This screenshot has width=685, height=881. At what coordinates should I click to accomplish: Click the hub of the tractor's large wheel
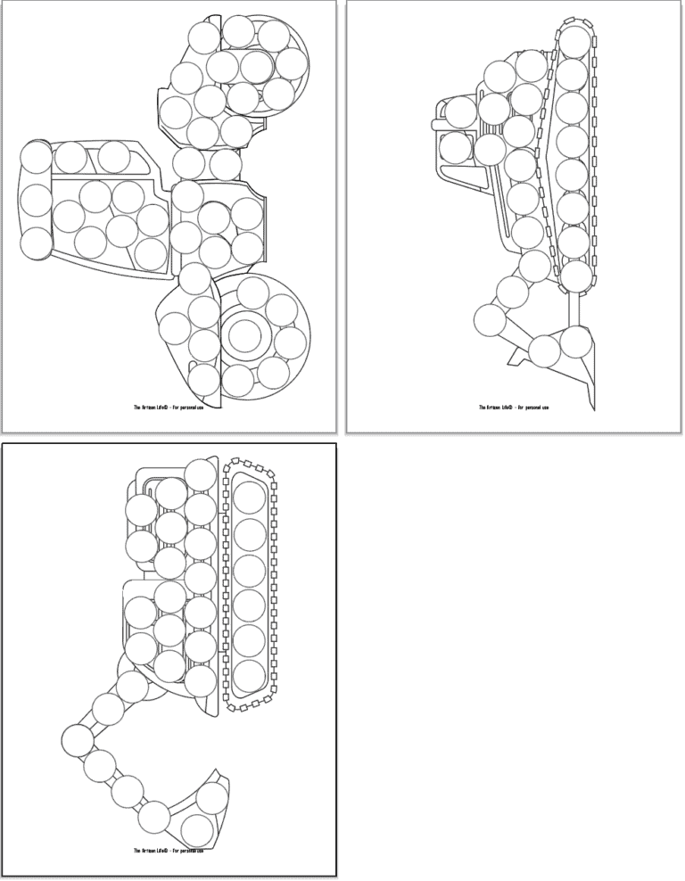[243, 335]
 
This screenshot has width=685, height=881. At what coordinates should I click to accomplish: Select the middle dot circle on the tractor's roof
[36, 200]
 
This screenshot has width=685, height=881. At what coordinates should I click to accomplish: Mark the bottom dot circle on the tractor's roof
[36, 243]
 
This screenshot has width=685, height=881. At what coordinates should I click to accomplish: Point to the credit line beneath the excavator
[169, 851]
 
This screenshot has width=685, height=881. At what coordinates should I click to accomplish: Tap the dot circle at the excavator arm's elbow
[77, 737]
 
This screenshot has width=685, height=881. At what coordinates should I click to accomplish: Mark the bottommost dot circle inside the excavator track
[250, 672]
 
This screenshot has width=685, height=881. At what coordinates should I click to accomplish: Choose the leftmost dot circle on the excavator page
[77, 737]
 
